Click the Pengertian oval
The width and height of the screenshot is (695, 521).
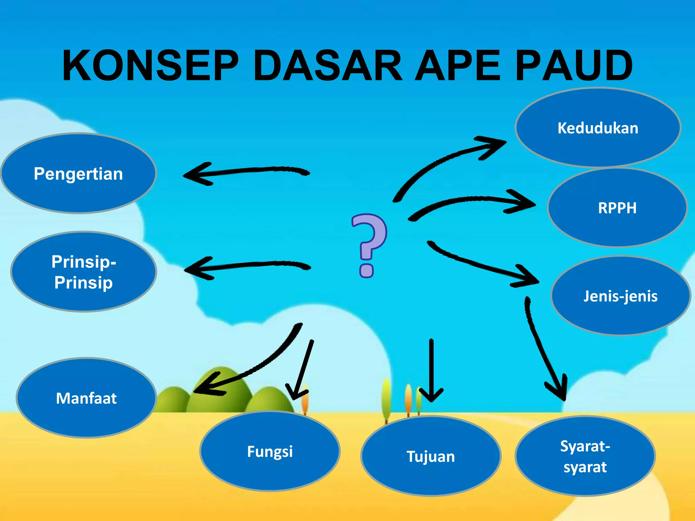(78, 173)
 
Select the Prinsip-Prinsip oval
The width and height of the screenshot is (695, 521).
(83, 272)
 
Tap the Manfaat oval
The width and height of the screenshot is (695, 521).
(86, 398)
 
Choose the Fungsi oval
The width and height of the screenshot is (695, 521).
(270, 451)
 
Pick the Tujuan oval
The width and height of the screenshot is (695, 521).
(431, 456)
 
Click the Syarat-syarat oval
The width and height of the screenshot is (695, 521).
(585, 456)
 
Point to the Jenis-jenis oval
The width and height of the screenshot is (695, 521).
(621, 296)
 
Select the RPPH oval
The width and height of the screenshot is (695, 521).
(617, 208)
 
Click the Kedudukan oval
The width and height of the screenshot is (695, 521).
(598, 128)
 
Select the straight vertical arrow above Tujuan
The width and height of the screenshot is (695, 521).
(431, 370)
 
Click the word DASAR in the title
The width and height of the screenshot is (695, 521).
(328, 65)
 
